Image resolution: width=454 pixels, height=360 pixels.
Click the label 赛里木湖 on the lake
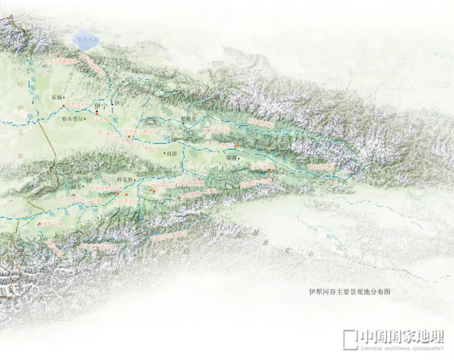[87, 40]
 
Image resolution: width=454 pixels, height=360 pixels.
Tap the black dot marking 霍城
[64, 97]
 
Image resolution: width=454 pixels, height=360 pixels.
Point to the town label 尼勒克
[189, 118]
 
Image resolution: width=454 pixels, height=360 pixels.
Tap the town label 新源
[232, 158]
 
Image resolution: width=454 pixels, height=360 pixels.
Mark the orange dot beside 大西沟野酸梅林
[58, 56]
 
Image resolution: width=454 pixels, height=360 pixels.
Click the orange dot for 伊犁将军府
[63, 105]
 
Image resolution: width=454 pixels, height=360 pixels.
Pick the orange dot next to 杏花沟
[238, 146]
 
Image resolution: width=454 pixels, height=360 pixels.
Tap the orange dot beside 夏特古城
[40, 224]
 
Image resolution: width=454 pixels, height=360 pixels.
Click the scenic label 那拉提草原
[321, 167]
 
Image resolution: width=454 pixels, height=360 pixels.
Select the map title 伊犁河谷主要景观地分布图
[349, 292]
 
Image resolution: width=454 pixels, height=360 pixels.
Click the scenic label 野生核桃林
[191, 184]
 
